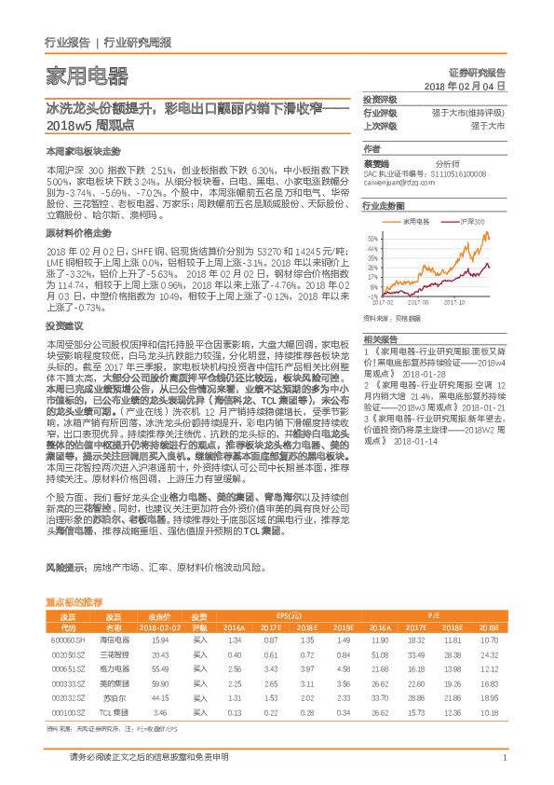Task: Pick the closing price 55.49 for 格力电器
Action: (x=158, y=668)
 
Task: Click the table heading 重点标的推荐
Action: (x=74, y=603)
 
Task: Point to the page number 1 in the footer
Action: (x=504, y=758)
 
